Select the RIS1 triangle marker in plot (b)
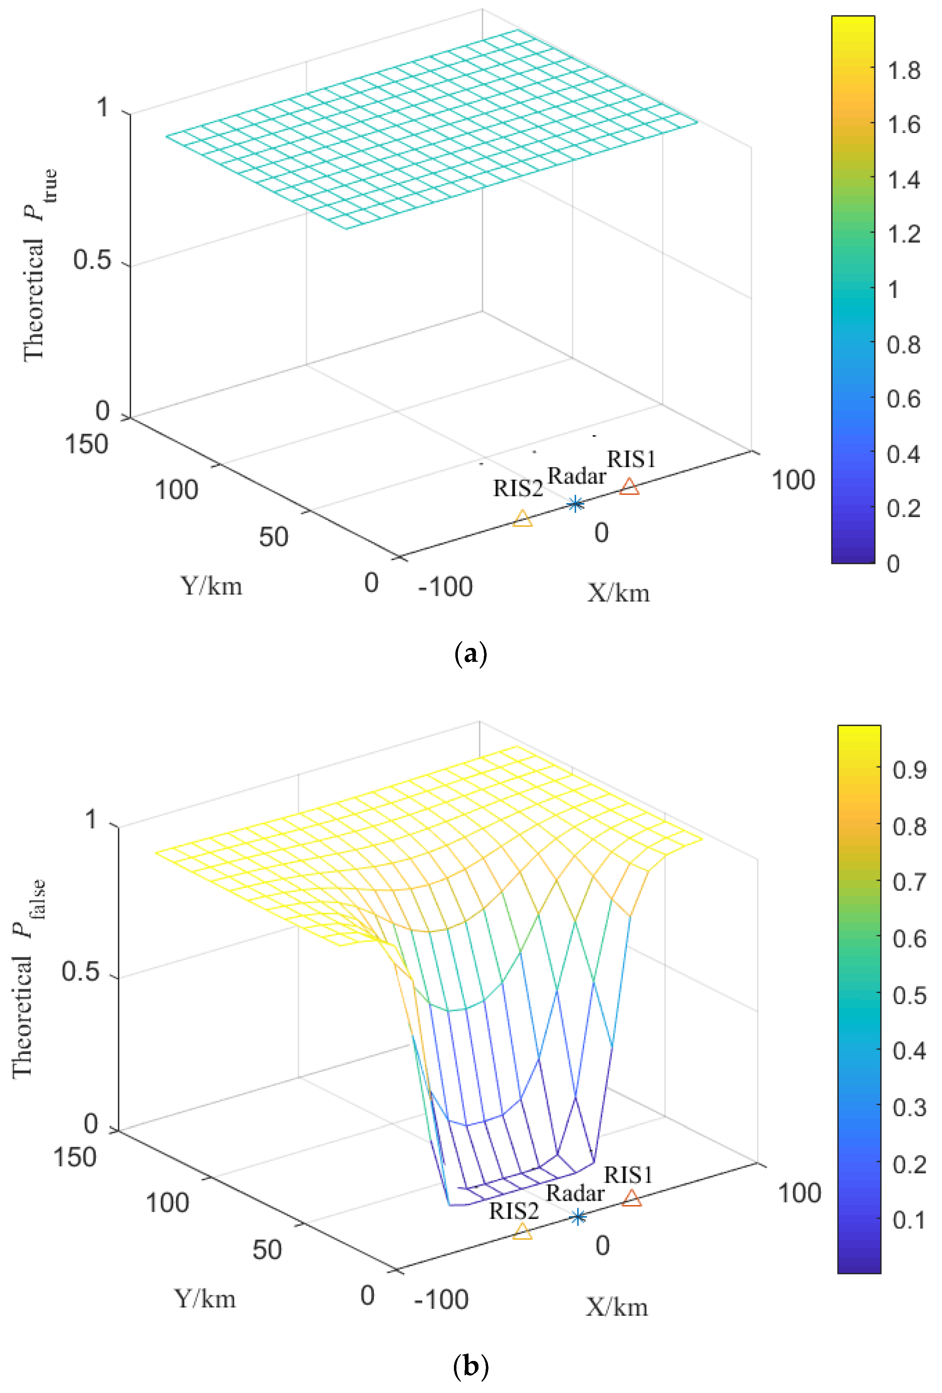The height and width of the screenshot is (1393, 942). coord(631,1199)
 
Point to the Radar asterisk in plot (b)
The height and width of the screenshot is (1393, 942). coord(578,1217)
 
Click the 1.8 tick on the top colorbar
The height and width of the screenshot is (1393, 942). coord(903,71)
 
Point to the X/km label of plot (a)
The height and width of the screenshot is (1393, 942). coord(618,593)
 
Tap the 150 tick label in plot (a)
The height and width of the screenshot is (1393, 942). coord(86,444)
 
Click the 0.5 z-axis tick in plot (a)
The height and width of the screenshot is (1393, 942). coord(92,260)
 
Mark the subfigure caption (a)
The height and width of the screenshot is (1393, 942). coord(471,653)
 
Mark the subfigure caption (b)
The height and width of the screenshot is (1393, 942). coord(471,1366)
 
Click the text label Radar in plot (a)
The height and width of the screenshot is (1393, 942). coord(576,476)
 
